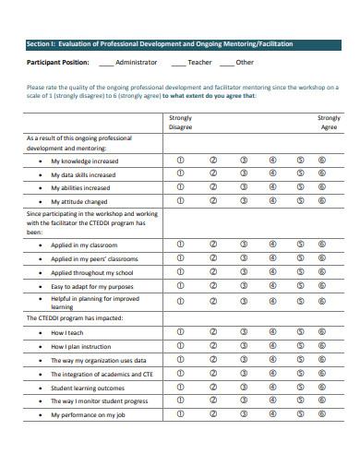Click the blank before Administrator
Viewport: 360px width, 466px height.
tap(107, 63)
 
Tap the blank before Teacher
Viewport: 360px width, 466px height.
tap(175, 63)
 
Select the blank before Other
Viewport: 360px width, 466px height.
tap(225, 63)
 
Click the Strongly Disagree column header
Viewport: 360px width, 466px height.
tap(180, 123)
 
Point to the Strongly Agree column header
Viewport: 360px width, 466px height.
tap(328, 123)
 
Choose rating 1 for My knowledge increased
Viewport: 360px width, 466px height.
tap(180, 160)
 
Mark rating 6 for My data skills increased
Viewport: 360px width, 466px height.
tap(322, 173)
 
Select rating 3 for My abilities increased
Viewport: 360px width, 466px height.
tap(243, 186)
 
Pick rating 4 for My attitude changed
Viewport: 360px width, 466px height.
tap(272, 199)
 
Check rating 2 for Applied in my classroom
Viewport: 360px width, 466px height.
tap(212, 245)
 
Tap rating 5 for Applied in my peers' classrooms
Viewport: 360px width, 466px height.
tap(301, 258)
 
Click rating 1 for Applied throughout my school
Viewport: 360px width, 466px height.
tap(180, 272)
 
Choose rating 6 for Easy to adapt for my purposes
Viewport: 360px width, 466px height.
tap(322, 286)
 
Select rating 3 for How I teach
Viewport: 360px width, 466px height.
tap(243, 331)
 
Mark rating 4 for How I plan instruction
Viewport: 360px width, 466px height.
tap(272, 345)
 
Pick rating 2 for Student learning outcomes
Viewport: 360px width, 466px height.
tap(212, 388)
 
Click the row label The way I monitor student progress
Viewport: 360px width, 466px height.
tap(99, 401)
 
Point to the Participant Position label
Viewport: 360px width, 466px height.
tap(57, 63)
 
